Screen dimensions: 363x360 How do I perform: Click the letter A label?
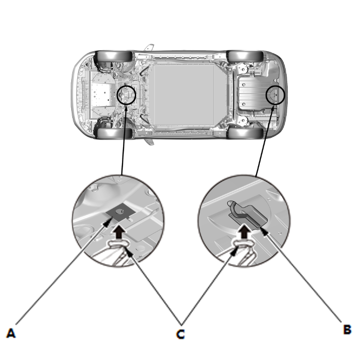coord(11,333)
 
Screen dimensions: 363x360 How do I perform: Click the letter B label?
coord(347,329)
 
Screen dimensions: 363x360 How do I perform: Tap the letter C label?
coord(180,334)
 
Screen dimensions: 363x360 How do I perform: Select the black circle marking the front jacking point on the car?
coord(126,95)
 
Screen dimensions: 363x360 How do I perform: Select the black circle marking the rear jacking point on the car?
coord(275,95)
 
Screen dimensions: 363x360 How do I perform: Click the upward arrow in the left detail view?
coord(118,232)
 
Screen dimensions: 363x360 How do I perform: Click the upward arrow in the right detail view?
coord(244,231)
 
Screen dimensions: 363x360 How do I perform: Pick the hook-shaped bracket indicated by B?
coord(248,214)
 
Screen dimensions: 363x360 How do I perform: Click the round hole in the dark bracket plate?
coord(119,211)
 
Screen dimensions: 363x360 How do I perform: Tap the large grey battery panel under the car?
coord(183,95)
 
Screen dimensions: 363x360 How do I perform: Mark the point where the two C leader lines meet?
coord(181,324)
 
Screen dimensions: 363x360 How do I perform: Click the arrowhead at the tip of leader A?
coord(106,223)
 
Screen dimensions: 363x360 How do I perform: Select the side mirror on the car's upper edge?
coord(149,47)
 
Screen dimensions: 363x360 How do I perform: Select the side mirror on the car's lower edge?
coord(149,142)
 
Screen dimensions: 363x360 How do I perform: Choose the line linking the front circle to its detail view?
coord(124,140)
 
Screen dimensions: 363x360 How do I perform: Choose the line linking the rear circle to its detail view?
coord(265,141)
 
